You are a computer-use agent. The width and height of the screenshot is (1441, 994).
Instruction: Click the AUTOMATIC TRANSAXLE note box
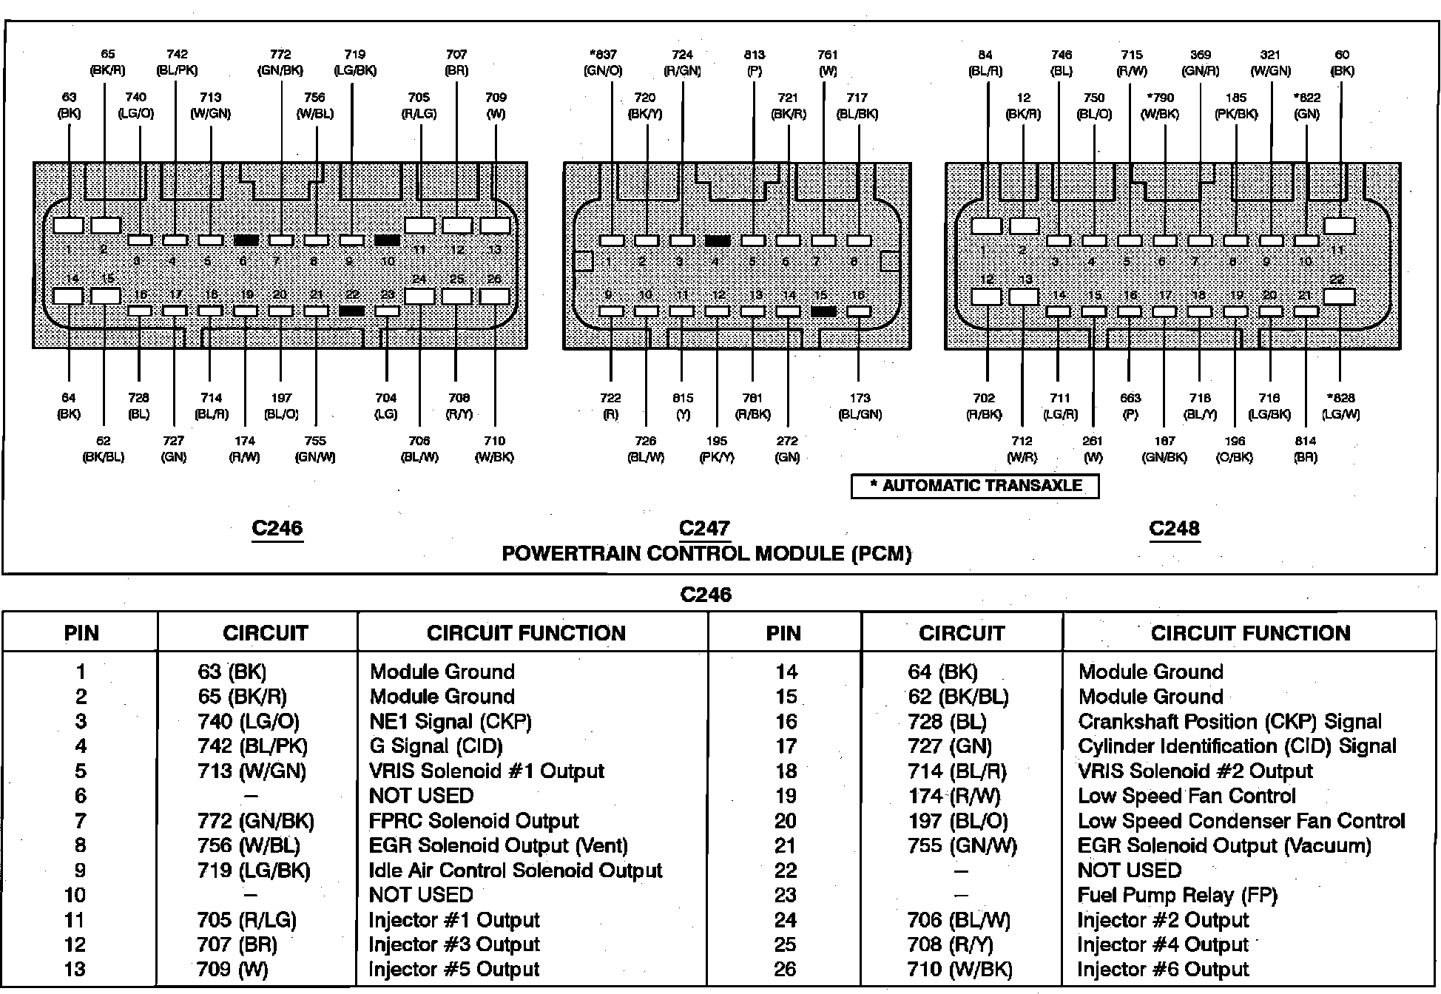pos(974,486)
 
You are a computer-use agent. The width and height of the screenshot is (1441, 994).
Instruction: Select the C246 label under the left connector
pos(277,528)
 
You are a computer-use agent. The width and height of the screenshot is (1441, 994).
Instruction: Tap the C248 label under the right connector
pos(1174,528)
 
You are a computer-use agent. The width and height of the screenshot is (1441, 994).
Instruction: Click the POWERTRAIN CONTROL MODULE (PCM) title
pos(706,553)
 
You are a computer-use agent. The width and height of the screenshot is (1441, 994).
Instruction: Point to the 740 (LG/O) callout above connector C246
pos(136,105)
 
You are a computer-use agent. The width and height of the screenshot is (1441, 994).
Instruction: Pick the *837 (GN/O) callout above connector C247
pos(603,63)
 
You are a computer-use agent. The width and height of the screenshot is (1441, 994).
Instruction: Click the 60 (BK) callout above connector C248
pos(1342,63)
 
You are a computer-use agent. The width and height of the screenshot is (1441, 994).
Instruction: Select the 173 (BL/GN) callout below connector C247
pos(860,406)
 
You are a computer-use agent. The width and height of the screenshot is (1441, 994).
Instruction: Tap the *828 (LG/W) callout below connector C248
pos(1341,406)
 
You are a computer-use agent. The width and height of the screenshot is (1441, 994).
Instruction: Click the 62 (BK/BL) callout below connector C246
pos(104,449)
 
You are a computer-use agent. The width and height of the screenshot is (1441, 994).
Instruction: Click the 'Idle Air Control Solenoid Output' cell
pos(516,870)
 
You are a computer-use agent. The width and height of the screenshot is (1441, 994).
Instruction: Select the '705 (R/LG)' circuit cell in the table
pos(246,920)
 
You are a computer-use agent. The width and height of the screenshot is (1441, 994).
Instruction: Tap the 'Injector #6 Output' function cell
pos(1163,970)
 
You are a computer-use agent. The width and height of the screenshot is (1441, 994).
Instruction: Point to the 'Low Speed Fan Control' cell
pos(1187,796)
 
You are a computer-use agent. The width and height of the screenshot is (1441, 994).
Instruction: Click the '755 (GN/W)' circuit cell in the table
pos(962,845)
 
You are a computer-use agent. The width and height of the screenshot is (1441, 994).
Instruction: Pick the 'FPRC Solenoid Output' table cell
pos(473,821)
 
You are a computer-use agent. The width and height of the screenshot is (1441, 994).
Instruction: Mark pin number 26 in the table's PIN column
pos(785,970)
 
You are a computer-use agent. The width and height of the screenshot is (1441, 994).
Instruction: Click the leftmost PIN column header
pos(81,633)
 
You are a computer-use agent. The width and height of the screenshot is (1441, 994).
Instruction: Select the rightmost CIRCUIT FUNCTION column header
pos(1250,633)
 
